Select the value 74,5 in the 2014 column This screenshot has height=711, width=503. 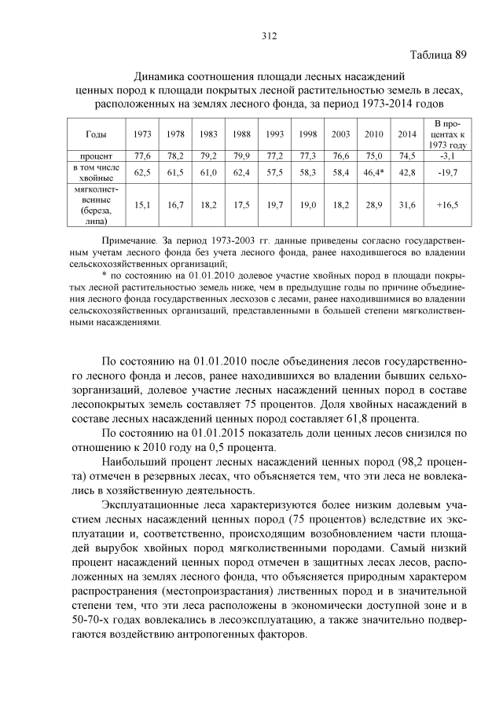[x=406, y=156]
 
